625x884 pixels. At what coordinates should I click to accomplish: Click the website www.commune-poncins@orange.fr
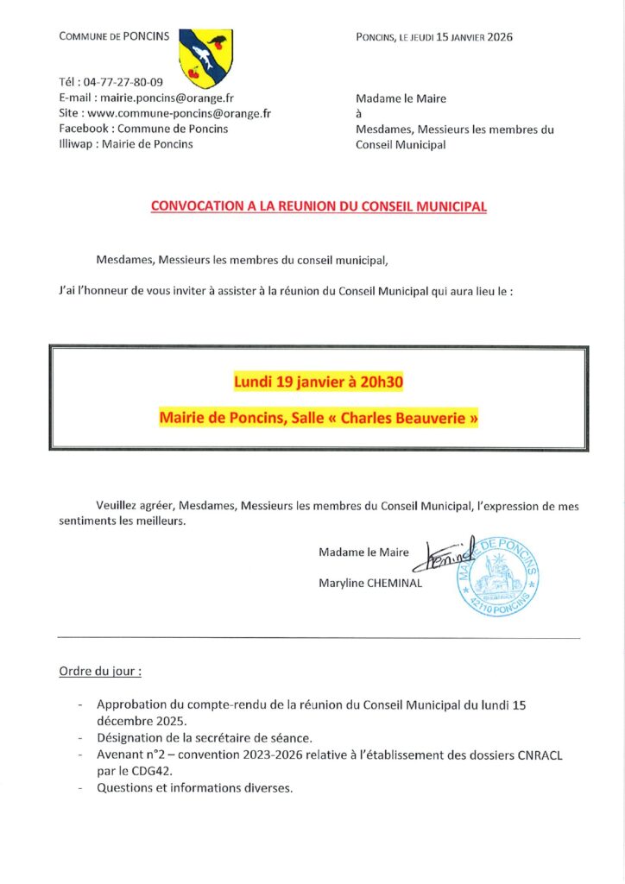[x=180, y=113]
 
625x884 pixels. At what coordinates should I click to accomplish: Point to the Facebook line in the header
[x=143, y=129]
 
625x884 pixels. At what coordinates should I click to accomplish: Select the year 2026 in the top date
[x=498, y=38]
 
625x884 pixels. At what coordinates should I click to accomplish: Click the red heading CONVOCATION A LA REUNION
[x=319, y=207]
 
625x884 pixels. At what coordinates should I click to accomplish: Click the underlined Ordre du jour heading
[x=100, y=670]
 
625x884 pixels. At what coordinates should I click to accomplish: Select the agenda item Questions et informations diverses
[x=195, y=787]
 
